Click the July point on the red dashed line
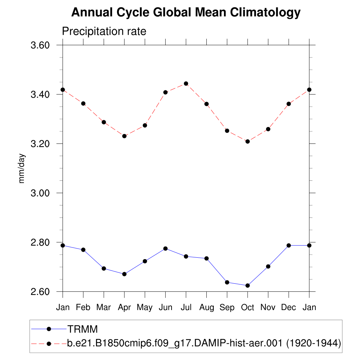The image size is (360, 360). pos(186,84)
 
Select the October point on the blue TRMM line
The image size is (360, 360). pos(247,285)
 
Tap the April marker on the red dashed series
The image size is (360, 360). pos(124,136)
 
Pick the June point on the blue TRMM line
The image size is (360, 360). pos(165,249)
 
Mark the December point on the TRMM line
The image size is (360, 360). pos(289,245)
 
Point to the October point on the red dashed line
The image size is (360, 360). pos(247,141)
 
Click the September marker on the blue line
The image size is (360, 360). pos(227,282)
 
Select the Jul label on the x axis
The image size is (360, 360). pos(186,308)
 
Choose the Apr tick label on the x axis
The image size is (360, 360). pos(124,308)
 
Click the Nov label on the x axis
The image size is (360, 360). pos(268,308)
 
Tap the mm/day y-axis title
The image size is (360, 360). pos(22,168)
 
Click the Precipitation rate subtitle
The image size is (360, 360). pos(104,31)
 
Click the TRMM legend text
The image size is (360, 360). pos(82,329)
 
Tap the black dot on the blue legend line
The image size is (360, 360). pos(49,329)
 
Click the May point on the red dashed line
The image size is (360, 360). pos(145,126)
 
